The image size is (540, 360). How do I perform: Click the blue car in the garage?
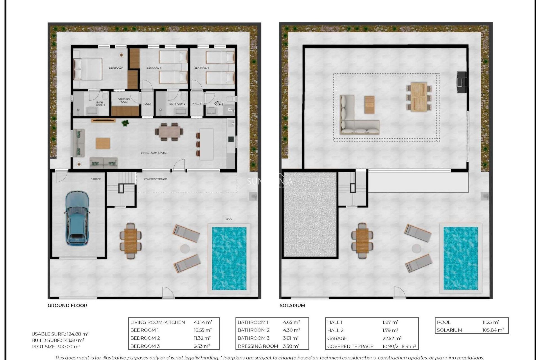pyautogui.click(x=77, y=217)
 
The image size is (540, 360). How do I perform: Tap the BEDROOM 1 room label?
pyautogui.click(x=116, y=68)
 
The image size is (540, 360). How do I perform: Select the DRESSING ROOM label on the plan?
pyautogui.click(x=123, y=100)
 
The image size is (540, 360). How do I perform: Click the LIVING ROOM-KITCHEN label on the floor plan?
pyautogui.click(x=154, y=153)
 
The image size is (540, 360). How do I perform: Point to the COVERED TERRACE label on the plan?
pyautogui.click(x=156, y=179)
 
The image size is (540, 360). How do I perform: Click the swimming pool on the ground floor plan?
pyautogui.click(x=229, y=258)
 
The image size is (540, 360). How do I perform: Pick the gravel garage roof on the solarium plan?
pyautogui.click(x=310, y=215)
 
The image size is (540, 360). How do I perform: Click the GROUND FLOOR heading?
pyautogui.click(x=67, y=305)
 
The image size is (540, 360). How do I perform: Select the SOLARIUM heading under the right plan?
pyautogui.click(x=292, y=305)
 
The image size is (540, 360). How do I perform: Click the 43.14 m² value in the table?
pyautogui.click(x=203, y=322)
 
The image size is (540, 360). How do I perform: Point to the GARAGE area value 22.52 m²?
pyautogui.click(x=392, y=338)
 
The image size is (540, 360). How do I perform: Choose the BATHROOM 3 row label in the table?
pyautogui.click(x=253, y=338)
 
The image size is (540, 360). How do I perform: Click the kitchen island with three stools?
pyautogui.click(x=206, y=144)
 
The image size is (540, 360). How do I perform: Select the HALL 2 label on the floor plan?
pyautogui.click(x=197, y=104)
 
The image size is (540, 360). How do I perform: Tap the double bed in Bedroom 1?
pyautogui.click(x=88, y=69)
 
